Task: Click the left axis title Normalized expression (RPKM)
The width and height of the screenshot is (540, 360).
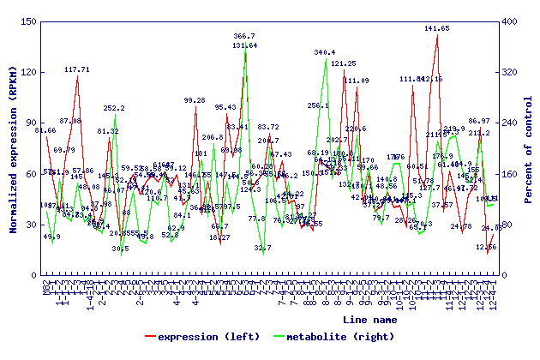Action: coord(13,147)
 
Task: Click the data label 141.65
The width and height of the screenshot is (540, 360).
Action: coord(436,28)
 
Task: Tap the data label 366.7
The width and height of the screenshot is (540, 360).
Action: coord(244,37)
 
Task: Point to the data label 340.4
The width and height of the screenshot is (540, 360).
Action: coord(325,53)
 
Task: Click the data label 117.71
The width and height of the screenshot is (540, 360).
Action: coord(77,69)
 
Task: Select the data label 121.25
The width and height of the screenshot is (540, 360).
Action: coord(343,63)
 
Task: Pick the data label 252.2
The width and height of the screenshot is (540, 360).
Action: coord(114,109)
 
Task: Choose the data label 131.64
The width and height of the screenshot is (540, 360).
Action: coord(245,45)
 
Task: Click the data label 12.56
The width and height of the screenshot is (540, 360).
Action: coord(487,247)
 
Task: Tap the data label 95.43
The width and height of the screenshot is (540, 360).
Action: coord(225,107)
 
